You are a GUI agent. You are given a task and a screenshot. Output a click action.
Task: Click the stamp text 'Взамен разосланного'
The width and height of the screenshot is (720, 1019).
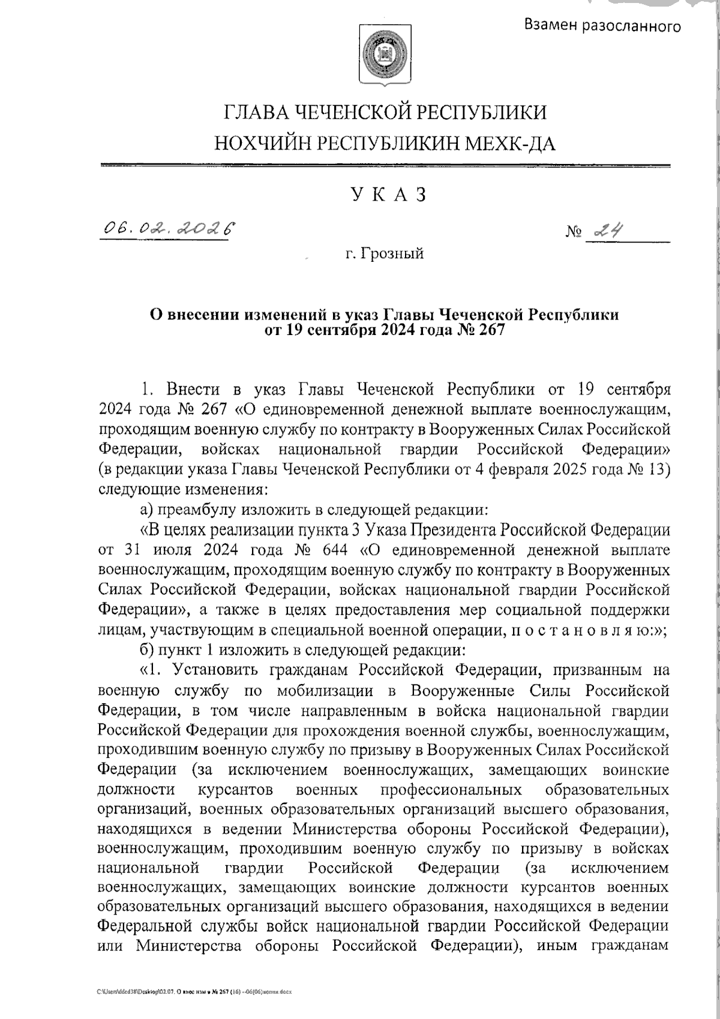click(602, 25)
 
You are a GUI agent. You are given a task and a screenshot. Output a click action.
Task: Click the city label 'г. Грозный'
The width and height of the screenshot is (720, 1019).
click(385, 254)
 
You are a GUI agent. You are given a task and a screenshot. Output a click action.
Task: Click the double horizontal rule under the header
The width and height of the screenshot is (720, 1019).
click(385, 165)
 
